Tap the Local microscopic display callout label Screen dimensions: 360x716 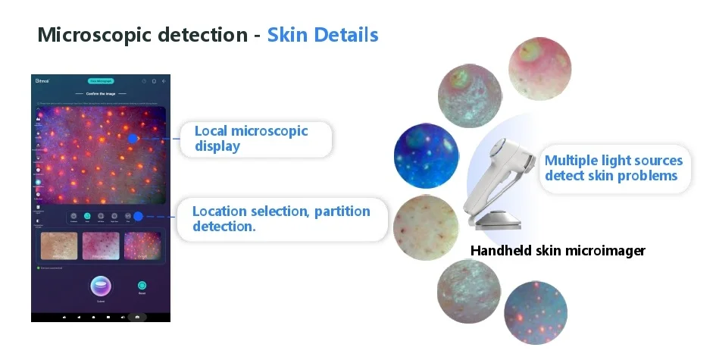pyautogui.click(x=252, y=138)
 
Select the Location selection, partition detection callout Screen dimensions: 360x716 pyautogui.click(x=280, y=218)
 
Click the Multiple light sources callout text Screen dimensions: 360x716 pyautogui.click(x=613, y=167)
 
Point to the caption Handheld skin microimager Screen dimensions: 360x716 pyautogui.click(x=558, y=251)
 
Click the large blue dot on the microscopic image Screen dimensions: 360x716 pyautogui.click(x=133, y=139)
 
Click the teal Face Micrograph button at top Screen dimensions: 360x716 pyautogui.click(x=101, y=80)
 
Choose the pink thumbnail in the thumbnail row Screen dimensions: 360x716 pyautogui.click(x=101, y=246)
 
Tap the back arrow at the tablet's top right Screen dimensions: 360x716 pyautogui.click(x=164, y=80)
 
